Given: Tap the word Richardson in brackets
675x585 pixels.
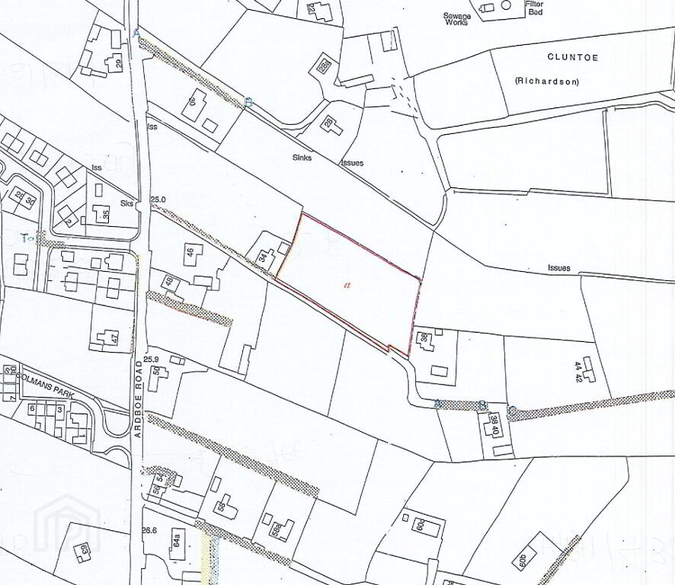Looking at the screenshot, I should (x=545, y=80).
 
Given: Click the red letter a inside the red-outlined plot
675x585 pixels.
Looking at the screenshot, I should (x=347, y=285).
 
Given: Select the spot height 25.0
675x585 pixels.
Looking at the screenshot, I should (x=158, y=200).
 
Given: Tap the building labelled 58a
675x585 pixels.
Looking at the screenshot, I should (x=280, y=529).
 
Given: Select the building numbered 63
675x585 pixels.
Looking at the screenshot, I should (x=84, y=548).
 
